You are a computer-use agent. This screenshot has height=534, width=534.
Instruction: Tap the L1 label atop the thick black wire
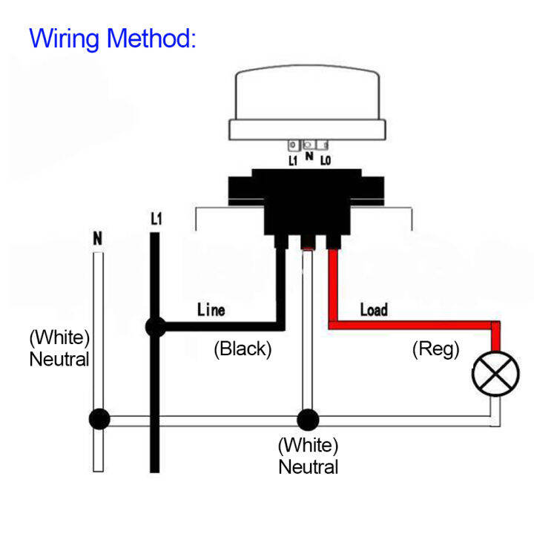(156, 220)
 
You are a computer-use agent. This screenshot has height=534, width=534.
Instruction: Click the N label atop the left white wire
(97, 239)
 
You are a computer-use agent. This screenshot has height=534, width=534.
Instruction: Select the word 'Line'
(211, 309)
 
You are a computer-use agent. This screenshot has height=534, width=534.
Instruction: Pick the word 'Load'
(373, 309)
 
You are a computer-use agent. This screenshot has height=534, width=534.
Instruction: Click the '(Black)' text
(243, 349)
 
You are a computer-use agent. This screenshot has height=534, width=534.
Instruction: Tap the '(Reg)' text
(435, 349)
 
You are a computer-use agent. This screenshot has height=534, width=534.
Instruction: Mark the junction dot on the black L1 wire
(155, 326)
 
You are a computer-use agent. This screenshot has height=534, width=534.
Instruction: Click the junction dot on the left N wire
(98, 420)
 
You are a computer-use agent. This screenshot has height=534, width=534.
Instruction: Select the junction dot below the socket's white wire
(307, 420)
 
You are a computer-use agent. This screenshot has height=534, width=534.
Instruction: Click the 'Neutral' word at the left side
(59, 360)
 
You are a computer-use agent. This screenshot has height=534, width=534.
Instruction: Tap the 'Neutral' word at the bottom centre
(308, 467)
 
